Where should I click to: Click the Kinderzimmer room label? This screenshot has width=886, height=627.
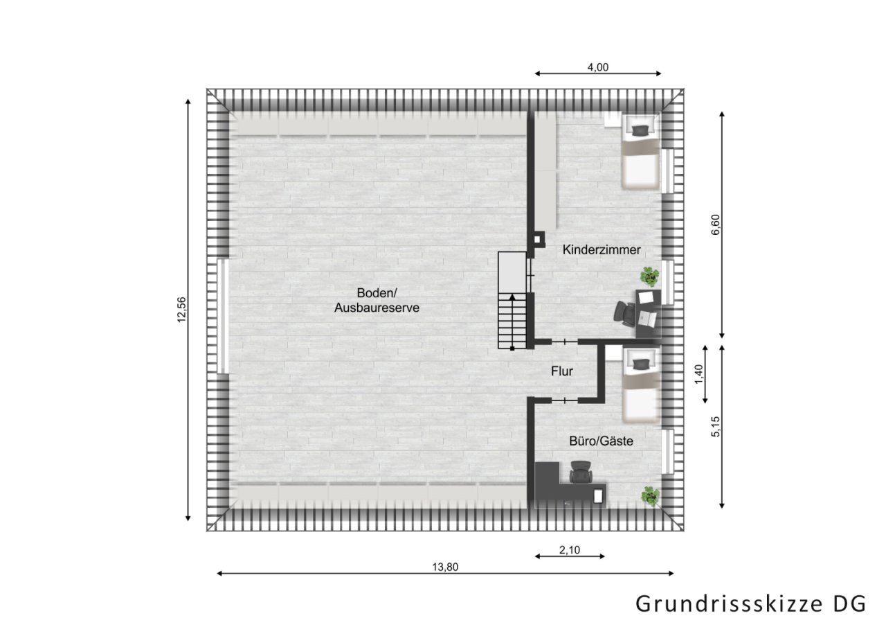pos(602,249)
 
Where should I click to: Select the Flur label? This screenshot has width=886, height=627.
pos(562,371)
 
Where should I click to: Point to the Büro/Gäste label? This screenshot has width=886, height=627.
pos(601,440)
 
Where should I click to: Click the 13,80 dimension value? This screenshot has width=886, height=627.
pos(445,566)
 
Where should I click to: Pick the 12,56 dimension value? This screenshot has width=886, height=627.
pos(181,309)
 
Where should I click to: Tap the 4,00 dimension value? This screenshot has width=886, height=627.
pos(597,67)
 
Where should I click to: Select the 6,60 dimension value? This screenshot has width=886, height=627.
pos(716,224)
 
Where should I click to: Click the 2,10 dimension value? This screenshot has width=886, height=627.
pos(569,549)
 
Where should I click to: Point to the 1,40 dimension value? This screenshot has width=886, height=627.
pos(698,374)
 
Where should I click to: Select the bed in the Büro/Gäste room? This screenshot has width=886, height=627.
pos(640,385)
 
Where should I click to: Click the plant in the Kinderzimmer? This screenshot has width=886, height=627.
pos(649,276)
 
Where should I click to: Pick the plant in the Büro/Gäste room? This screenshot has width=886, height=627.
pos(649,495)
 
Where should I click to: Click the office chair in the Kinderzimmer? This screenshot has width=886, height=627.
pos(624,315)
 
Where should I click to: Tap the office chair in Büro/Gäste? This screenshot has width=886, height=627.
pos(579,474)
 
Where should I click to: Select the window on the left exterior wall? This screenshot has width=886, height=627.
pos(222,316)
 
